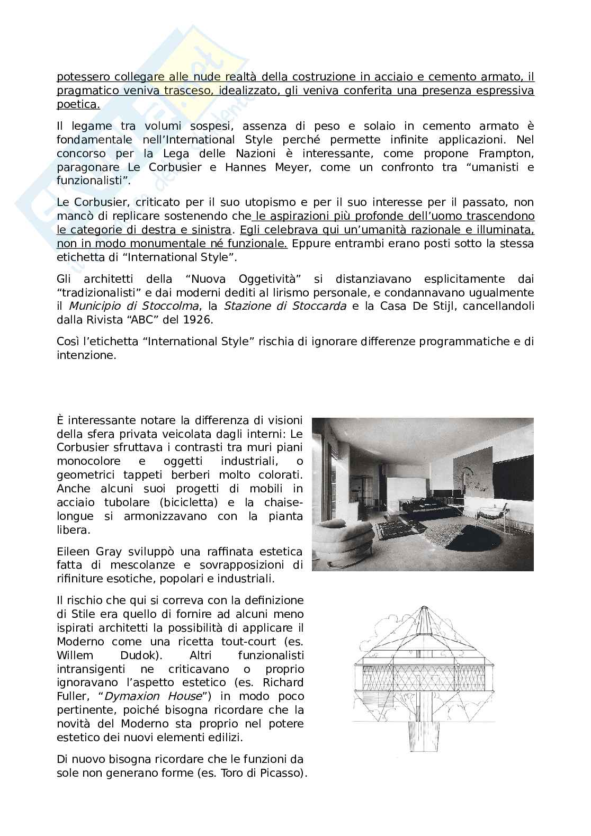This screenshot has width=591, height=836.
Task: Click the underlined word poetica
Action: (x=78, y=104)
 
